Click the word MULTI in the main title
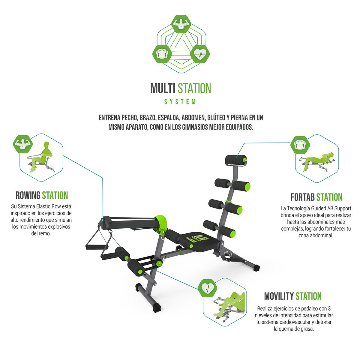point(163,88)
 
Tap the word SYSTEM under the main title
point(180,102)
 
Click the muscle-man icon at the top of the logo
point(181,24)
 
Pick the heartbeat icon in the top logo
point(200,54)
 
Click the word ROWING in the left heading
point(28,195)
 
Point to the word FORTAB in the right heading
point(302,197)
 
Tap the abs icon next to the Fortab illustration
point(300,145)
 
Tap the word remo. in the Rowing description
point(46,233)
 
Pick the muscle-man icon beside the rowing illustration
point(22,144)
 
